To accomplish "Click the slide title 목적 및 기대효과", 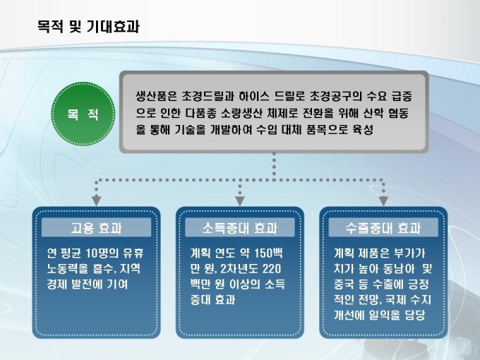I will [88, 28].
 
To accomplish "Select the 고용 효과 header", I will [96, 228].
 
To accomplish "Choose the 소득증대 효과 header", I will [240, 228].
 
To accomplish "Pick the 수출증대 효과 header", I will [384, 228].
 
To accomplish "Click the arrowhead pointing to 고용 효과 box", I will [96, 198].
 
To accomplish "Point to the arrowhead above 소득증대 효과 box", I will [240, 198].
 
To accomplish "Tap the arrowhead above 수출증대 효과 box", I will [384, 198].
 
